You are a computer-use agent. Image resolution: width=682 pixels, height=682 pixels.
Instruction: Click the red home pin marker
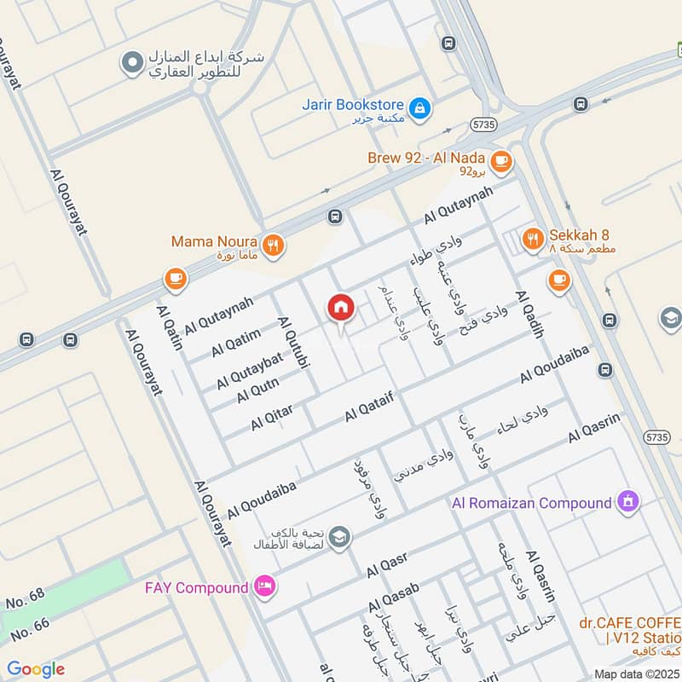[x=340, y=309]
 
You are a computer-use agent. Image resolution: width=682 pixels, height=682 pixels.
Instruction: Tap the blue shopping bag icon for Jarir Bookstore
[x=419, y=108]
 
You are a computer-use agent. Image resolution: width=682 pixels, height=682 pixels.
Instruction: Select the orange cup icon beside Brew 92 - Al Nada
[x=500, y=159]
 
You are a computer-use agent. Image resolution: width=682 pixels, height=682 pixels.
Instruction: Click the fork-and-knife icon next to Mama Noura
[x=273, y=246]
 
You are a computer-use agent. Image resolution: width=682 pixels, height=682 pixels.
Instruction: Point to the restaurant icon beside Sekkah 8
[x=533, y=240]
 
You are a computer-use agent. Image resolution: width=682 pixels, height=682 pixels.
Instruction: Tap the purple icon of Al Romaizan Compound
[x=628, y=502]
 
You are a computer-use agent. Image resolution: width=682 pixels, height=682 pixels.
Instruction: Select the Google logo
[x=36, y=669]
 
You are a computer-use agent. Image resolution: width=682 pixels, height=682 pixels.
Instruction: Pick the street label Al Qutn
[x=258, y=393]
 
